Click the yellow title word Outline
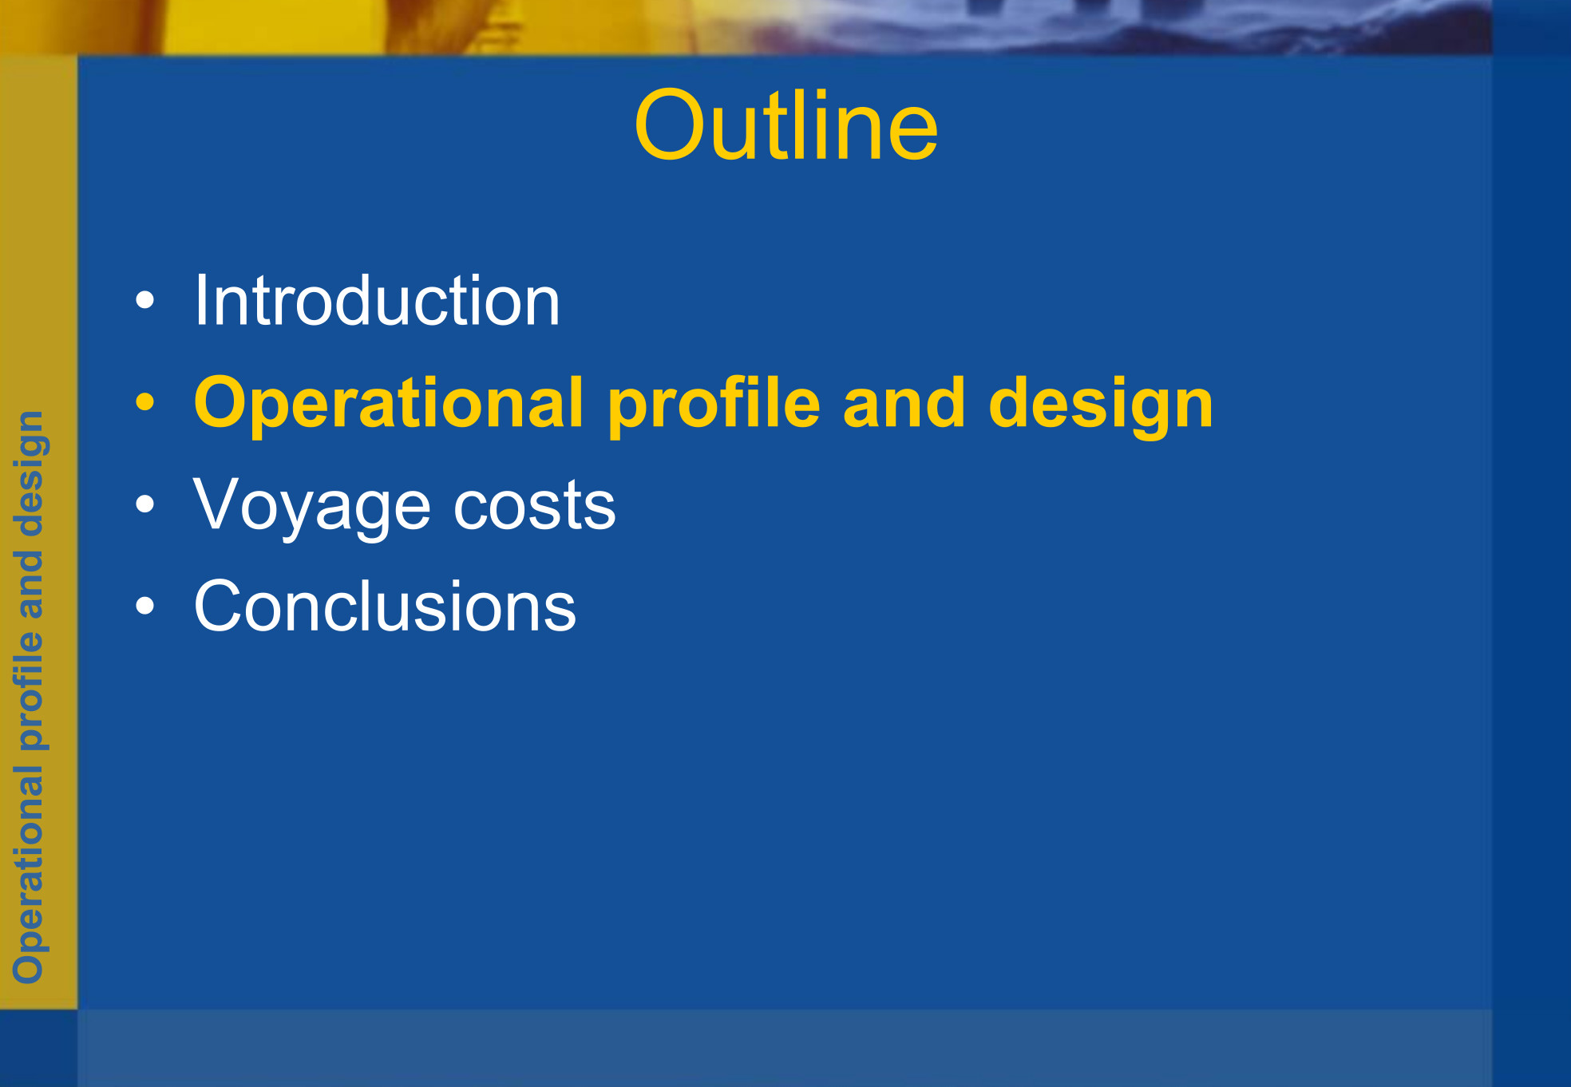tap(786, 125)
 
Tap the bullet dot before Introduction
tap(145, 300)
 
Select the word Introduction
tap(377, 300)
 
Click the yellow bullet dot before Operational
tap(145, 401)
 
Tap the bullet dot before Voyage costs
tap(145, 504)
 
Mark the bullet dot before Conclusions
tap(145, 606)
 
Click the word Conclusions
tap(385, 606)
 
